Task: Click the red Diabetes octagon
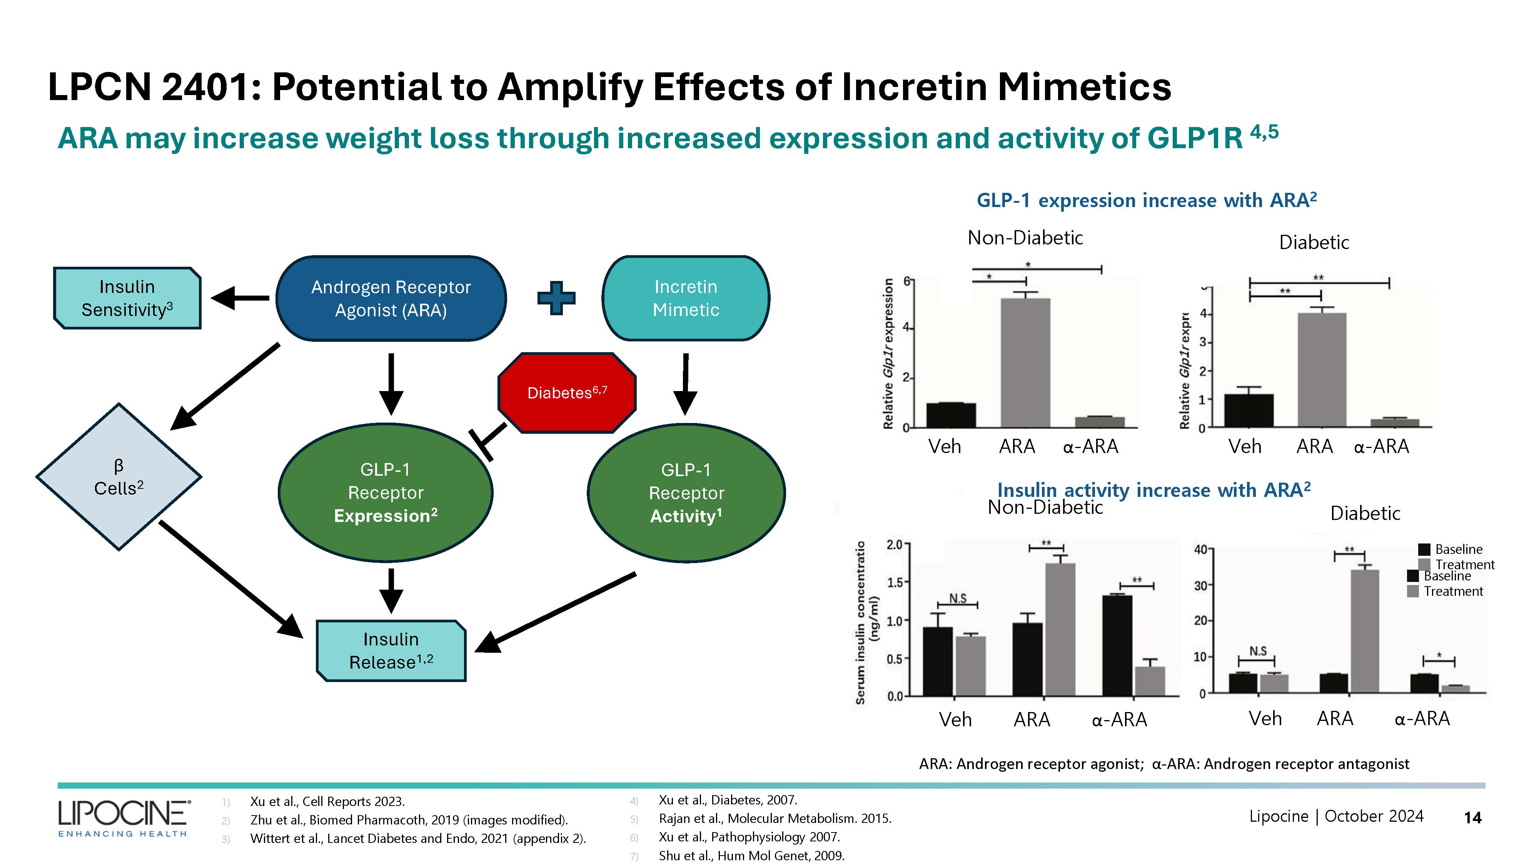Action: click(566, 393)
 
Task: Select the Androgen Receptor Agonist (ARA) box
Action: click(391, 298)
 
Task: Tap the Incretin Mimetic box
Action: click(685, 298)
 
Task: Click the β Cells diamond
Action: click(119, 476)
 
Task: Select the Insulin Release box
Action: click(391, 650)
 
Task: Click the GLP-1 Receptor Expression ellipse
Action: click(386, 493)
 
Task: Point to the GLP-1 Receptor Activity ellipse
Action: click(686, 493)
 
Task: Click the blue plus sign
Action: click(556, 298)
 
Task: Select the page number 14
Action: click(1472, 818)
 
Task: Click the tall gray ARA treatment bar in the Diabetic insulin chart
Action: click(1365, 631)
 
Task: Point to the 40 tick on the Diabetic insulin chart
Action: click(1200, 549)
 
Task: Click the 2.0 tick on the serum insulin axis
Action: click(895, 545)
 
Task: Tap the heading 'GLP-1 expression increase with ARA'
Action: click(1146, 200)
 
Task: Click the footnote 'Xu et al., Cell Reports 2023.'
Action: click(327, 801)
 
